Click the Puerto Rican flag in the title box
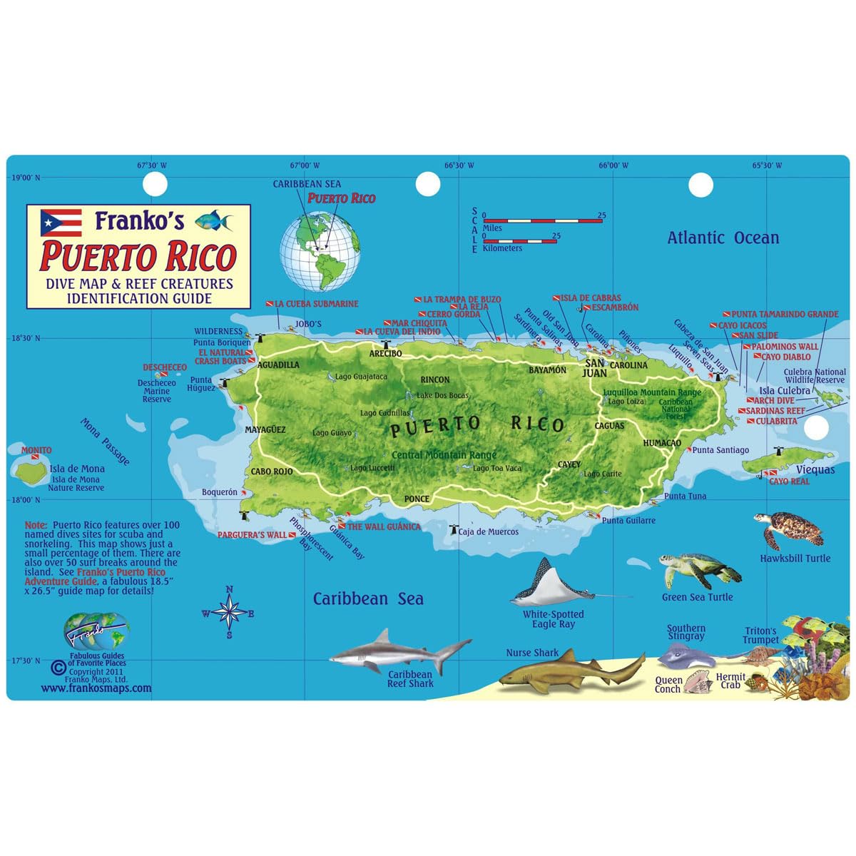(61, 223)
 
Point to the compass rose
(229, 613)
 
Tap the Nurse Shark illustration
(571, 673)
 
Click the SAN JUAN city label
(594, 367)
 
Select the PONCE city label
(417, 499)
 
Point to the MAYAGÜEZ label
(265, 430)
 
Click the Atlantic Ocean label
(723, 238)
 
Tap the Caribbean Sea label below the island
(368, 599)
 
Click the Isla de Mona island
(31, 471)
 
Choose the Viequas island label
(815, 469)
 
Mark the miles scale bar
(543, 220)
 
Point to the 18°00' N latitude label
(25, 499)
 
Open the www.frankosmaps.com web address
(96, 688)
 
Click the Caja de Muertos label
(488, 531)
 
